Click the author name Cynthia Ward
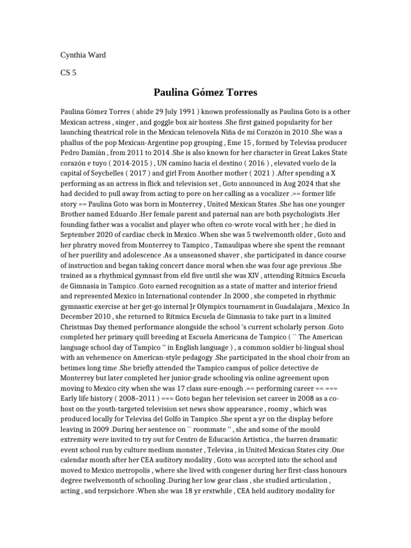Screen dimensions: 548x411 click(82, 55)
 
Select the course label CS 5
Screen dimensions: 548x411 click(68, 73)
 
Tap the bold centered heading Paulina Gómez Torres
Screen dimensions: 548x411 click(205, 93)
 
